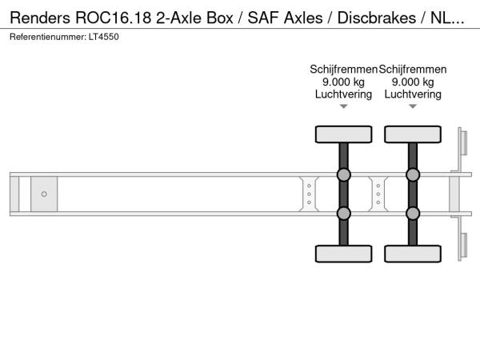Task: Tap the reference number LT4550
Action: [x=104, y=38]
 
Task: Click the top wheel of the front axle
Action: [x=343, y=134]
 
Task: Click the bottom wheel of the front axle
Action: [x=343, y=254]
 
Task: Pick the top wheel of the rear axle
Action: [x=413, y=134]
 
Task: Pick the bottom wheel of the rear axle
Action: [x=413, y=254]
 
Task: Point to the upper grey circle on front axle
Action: [x=343, y=175]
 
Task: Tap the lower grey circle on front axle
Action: [x=343, y=213]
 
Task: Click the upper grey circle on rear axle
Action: [x=413, y=175]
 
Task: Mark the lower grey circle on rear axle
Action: [x=413, y=213]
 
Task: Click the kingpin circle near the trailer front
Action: [x=44, y=194]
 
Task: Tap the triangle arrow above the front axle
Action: [x=343, y=106]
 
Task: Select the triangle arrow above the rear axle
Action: [x=413, y=106]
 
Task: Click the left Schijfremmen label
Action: [x=343, y=70]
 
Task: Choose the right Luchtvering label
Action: [x=413, y=94]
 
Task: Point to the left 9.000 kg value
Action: [x=343, y=82]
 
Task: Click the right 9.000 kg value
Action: [x=413, y=82]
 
